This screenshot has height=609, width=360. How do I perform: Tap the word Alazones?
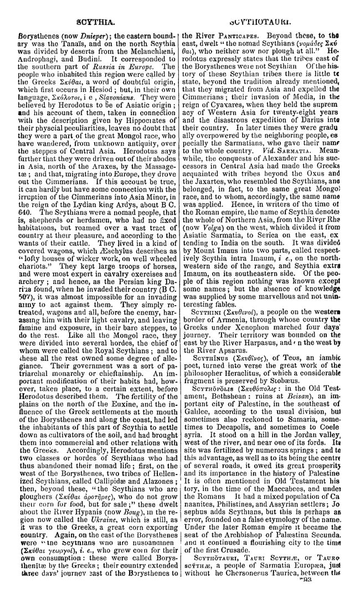pyautogui.click(x=147, y=467)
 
